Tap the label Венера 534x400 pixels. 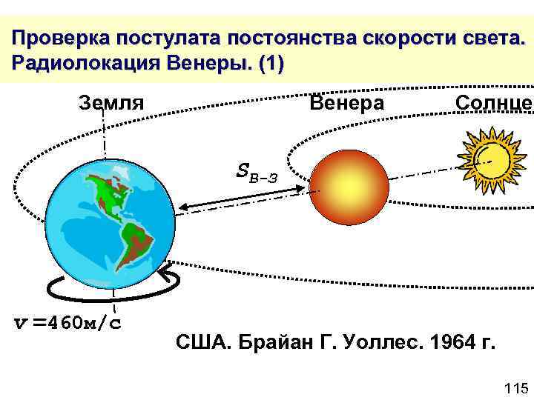pyautogui.click(x=346, y=102)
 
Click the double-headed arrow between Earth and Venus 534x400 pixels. pyautogui.click(x=245, y=197)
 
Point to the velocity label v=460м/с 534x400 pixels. pyautogui.click(x=70, y=323)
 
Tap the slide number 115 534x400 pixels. pyautogui.click(x=515, y=388)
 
